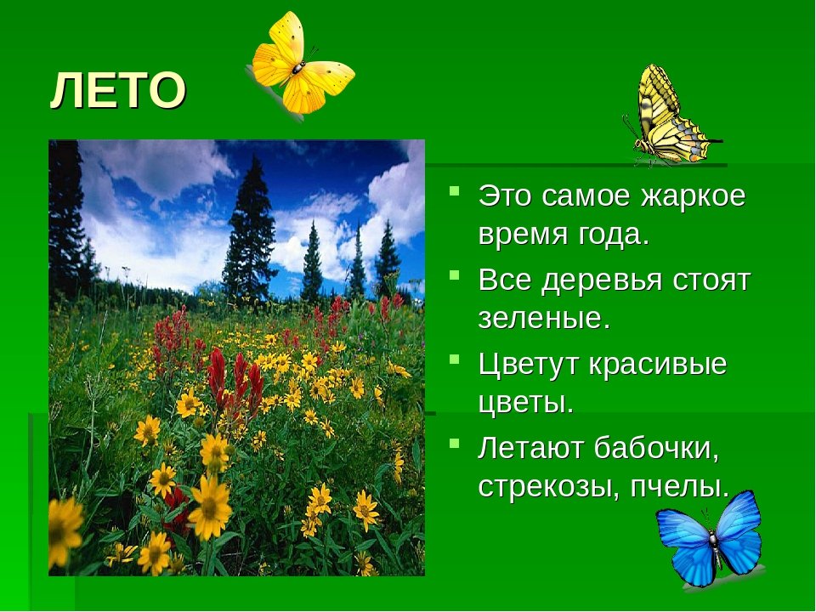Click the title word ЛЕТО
click(x=118, y=90)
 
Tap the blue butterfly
click(x=709, y=541)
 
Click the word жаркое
click(x=694, y=196)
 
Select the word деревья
click(x=603, y=280)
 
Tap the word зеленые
click(x=544, y=319)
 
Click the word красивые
click(x=658, y=365)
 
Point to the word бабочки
click(x=657, y=448)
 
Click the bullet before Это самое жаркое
click(x=454, y=190)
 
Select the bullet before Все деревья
click(x=454, y=274)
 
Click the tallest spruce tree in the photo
click(x=250, y=230)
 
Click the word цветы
click(x=526, y=403)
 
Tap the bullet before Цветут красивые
click(x=454, y=358)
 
